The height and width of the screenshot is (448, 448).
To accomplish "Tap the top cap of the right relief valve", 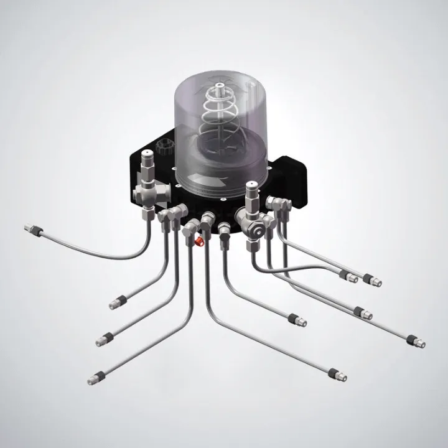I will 252,186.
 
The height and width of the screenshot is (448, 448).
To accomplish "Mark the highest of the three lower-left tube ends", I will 118,303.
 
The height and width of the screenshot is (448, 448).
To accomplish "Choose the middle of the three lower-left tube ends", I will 104,339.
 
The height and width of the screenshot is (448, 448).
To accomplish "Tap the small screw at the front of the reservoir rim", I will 222,200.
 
